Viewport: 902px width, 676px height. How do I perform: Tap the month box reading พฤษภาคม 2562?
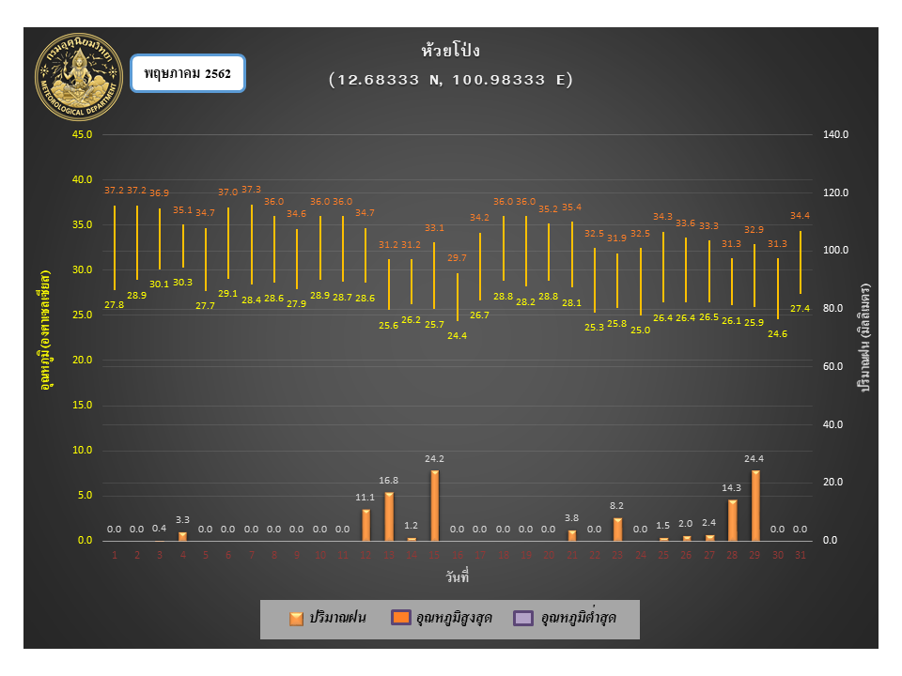[x=188, y=72]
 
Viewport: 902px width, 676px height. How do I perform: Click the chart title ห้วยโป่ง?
[x=451, y=51]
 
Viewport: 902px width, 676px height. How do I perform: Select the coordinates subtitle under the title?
[x=451, y=80]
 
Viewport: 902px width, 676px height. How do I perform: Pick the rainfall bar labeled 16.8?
[x=389, y=516]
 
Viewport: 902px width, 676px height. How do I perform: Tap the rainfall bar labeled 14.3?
[x=733, y=520]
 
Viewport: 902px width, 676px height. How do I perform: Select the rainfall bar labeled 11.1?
[x=366, y=525]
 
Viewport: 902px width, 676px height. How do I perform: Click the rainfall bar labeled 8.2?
[x=618, y=529]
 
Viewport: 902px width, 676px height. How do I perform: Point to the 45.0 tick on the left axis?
[x=82, y=134]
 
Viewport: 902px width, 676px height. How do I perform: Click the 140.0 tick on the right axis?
[x=835, y=134]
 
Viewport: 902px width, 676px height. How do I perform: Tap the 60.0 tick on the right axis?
[x=835, y=366]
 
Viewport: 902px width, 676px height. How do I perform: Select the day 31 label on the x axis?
[x=801, y=555]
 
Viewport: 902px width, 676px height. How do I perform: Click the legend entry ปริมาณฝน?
[x=328, y=618]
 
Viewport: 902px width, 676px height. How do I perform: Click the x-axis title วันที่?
[x=457, y=576]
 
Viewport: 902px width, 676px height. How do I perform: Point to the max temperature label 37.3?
[x=252, y=190]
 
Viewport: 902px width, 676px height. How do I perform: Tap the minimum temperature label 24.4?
[x=457, y=335]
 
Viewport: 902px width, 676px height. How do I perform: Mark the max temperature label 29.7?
[x=457, y=258]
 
